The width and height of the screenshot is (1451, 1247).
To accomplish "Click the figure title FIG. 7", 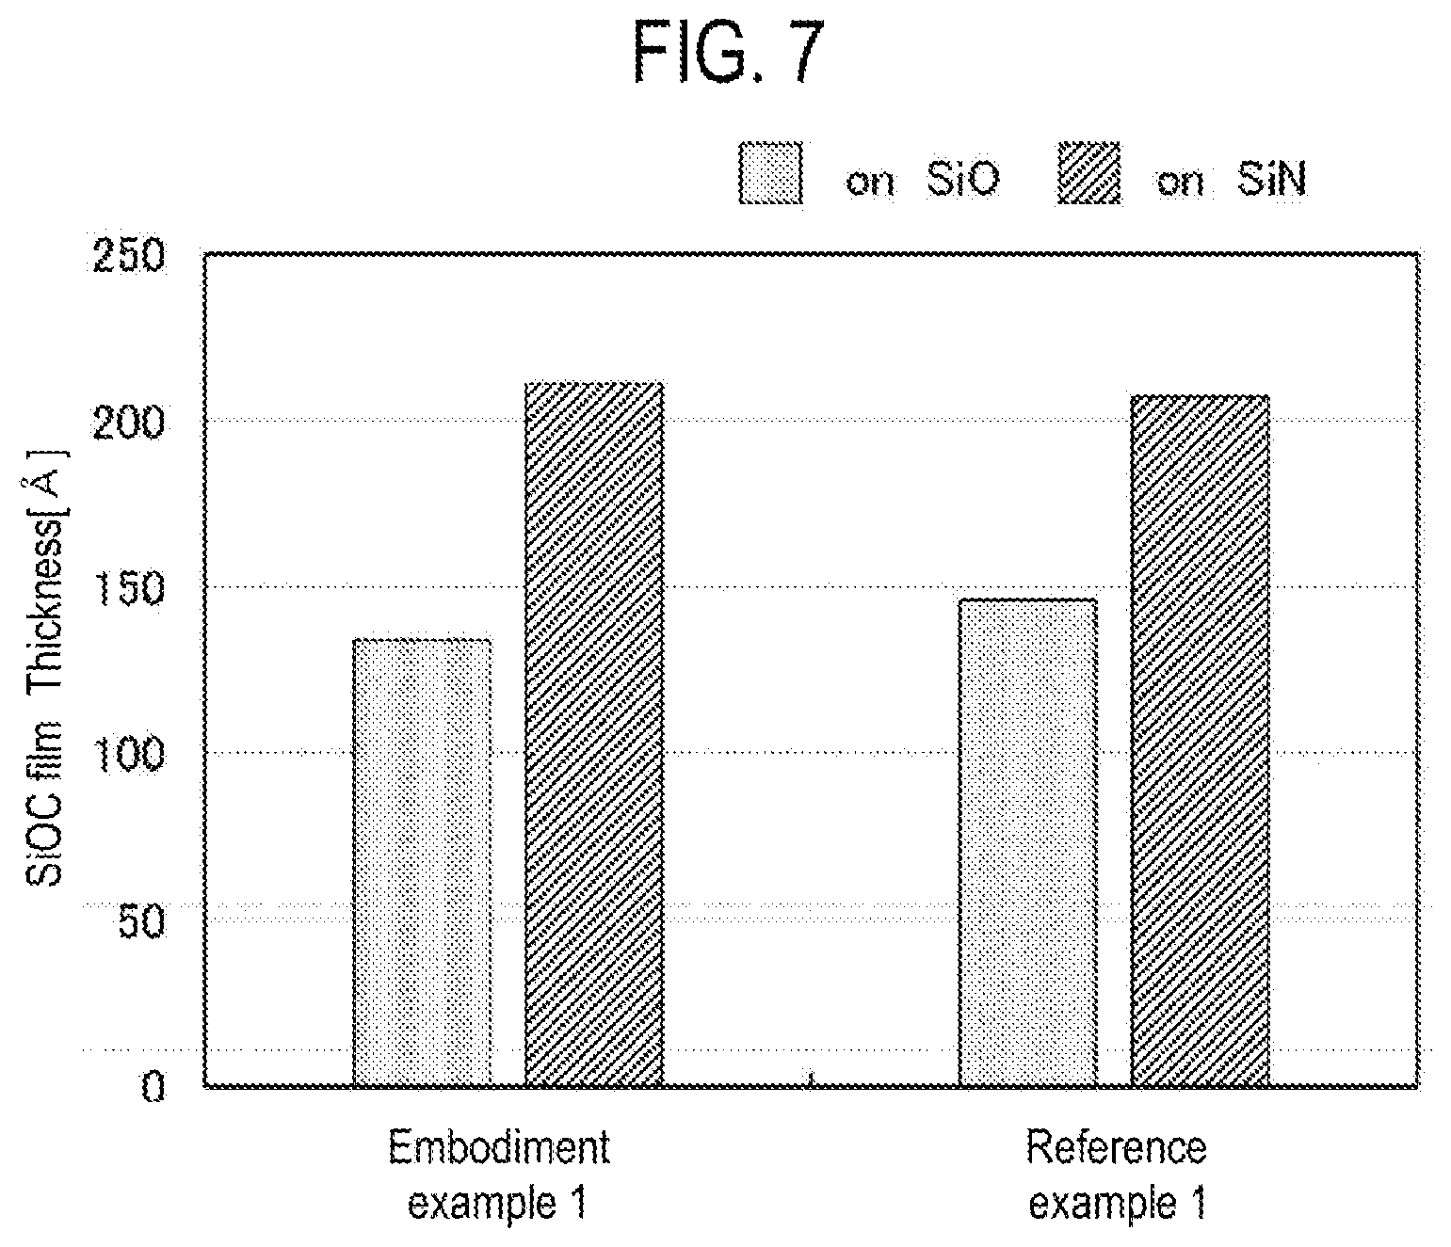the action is [x=727, y=54].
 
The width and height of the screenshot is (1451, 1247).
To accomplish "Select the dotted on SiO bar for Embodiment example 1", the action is [x=422, y=863].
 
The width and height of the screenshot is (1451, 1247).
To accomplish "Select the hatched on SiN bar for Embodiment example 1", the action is [x=594, y=735].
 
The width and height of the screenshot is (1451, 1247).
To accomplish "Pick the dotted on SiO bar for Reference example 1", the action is [x=1027, y=843].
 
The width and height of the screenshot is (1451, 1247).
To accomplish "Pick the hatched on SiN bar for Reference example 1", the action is [x=1201, y=742].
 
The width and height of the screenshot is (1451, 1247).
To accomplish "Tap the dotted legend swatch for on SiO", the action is [x=770, y=172].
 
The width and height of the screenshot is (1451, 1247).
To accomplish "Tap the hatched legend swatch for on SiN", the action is [x=1088, y=172].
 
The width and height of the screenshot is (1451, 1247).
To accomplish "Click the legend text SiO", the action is [x=962, y=180].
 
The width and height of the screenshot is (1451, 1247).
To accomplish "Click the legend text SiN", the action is [x=1271, y=180].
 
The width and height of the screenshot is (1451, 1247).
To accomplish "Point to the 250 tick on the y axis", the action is [x=129, y=255].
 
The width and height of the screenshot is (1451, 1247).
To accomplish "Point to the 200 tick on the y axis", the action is [x=129, y=423].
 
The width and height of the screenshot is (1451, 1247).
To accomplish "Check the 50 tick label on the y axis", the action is [x=142, y=920].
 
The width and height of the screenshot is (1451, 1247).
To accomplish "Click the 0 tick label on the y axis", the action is [x=153, y=1088].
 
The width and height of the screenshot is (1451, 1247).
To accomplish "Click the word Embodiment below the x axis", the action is [x=499, y=1147].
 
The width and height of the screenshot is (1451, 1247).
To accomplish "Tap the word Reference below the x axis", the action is [x=1116, y=1147].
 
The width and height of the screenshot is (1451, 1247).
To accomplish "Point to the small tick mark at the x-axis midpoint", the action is [x=811, y=1079].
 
